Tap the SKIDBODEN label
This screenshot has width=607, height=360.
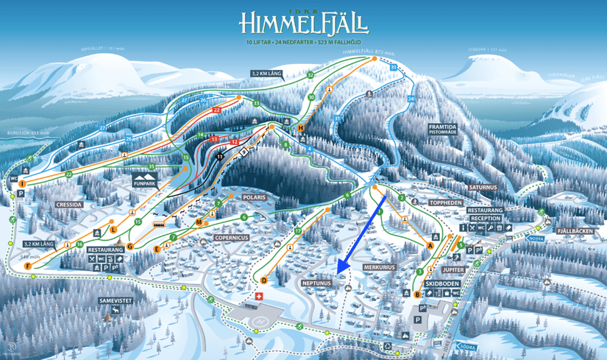(x=443, y=283)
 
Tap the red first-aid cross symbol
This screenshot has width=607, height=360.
(x=258, y=296)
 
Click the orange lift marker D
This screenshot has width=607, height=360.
(x=263, y=280)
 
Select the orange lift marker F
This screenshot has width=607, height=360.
(x=27, y=265)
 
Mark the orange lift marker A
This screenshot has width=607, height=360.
(x=430, y=246)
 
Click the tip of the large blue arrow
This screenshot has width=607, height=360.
(x=338, y=272)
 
